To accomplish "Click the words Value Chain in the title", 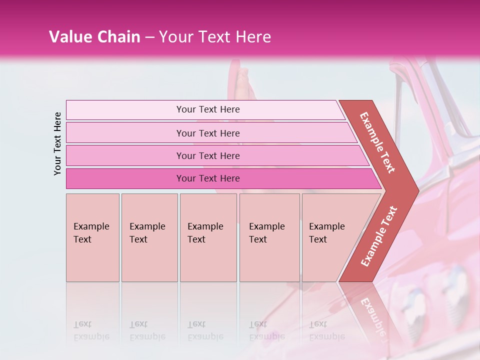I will (94, 37).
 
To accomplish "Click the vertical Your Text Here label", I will (57, 143).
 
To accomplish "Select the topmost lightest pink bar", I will (125, 110).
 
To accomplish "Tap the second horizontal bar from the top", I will (125, 133).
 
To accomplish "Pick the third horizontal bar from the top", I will (125, 155).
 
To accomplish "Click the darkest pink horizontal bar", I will (125, 178).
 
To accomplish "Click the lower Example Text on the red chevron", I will (378, 236).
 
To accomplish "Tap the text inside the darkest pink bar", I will (208, 178).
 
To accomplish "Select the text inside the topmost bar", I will (208, 109).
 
